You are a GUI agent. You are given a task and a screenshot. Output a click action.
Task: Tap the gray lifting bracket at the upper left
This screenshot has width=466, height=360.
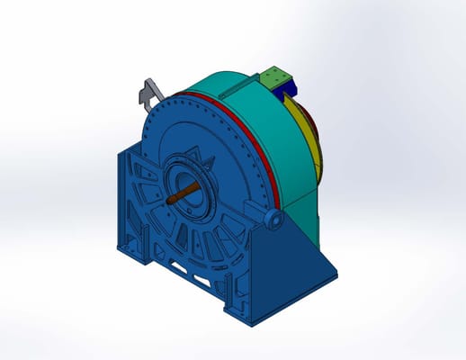[x=149, y=89]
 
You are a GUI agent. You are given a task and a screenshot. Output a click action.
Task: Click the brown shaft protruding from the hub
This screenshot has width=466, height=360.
[x=179, y=193]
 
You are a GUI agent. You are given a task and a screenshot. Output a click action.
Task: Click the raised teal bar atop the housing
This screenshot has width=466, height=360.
[x=245, y=85]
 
